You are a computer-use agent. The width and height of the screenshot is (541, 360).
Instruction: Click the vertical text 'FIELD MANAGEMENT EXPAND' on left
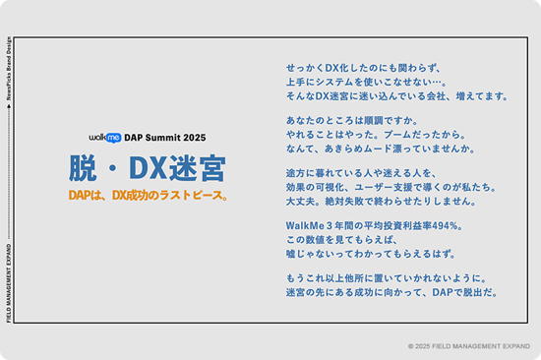pyautogui.click(x=10, y=281)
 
